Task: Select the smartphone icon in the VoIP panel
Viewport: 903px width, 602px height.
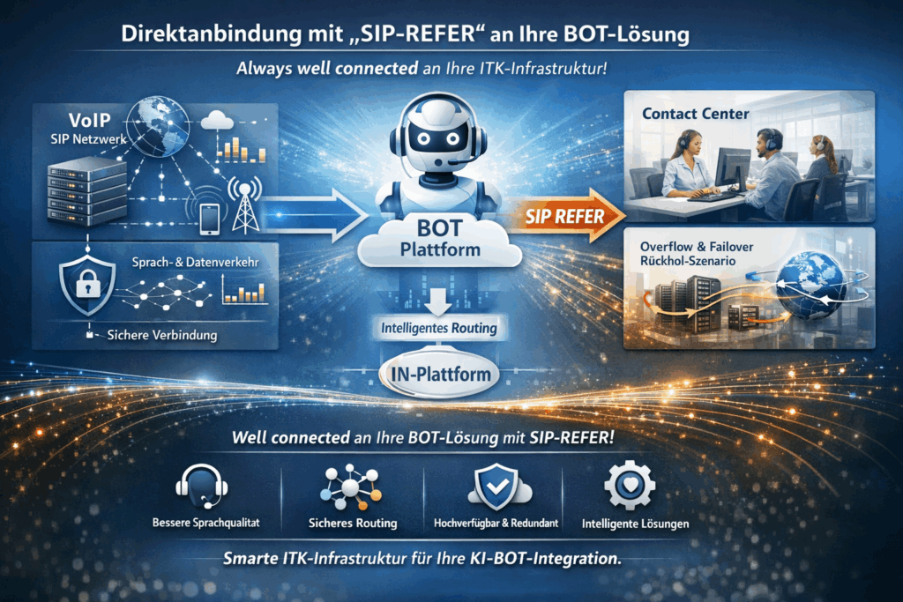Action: pyautogui.click(x=208, y=219)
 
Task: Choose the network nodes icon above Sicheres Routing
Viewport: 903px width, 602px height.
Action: pyautogui.click(x=349, y=484)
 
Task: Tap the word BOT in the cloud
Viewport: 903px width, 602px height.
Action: pyautogui.click(x=439, y=226)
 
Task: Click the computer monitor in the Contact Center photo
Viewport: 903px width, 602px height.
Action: pyautogui.click(x=733, y=167)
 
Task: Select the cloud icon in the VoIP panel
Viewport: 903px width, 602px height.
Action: pyautogui.click(x=217, y=121)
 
